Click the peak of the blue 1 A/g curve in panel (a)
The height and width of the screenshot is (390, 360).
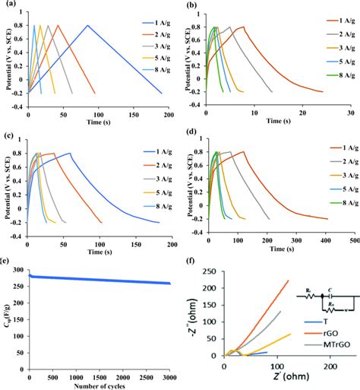click(87, 26)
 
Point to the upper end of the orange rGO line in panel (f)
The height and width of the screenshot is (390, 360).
click(289, 281)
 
